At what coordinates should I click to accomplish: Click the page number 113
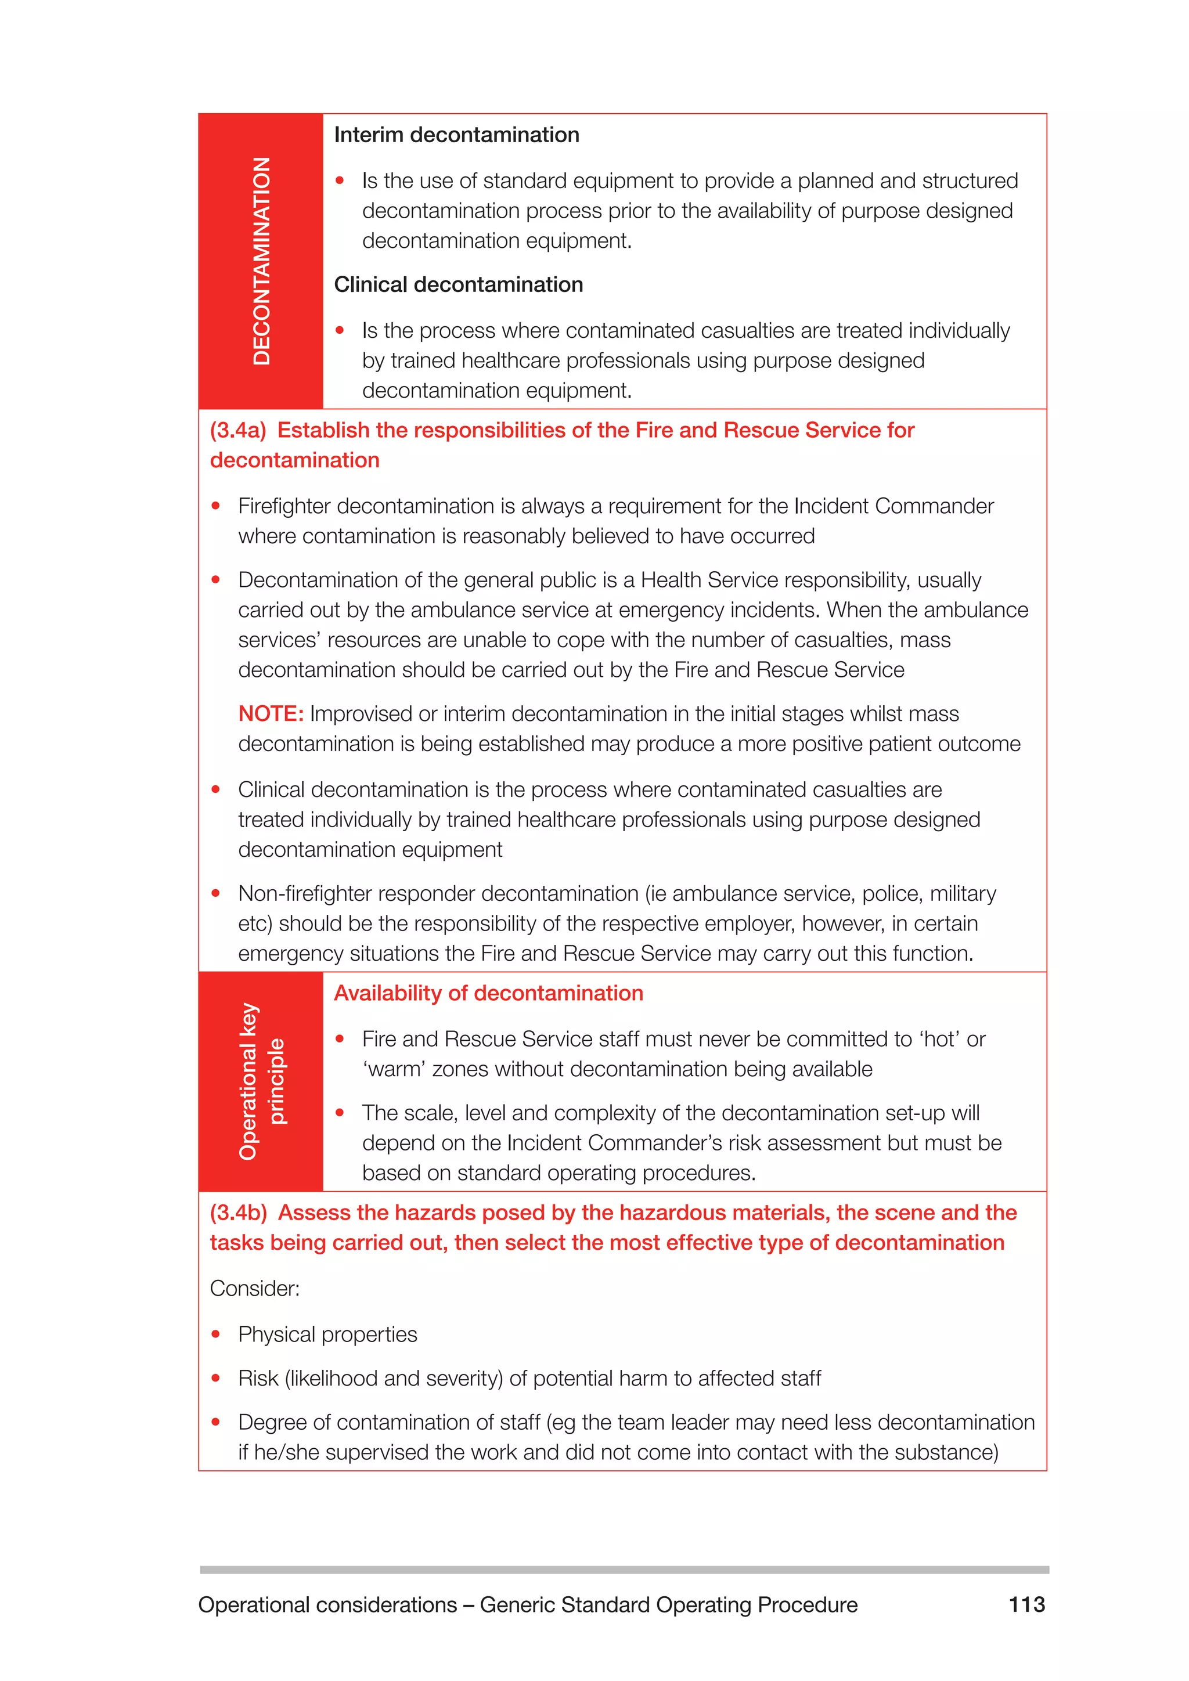tap(1026, 1604)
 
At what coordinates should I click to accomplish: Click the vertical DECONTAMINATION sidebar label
tap(261, 261)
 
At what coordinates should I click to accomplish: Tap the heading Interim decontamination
tap(456, 135)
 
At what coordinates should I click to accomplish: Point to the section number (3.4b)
tap(238, 1213)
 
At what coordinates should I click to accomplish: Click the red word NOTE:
tap(270, 713)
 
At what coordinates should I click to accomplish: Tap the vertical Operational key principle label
tap(261, 1081)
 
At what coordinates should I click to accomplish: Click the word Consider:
tap(255, 1288)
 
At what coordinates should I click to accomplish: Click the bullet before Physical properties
tap(215, 1334)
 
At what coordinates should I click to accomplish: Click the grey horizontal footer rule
tap(624, 1570)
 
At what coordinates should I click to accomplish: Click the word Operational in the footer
tap(251, 1605)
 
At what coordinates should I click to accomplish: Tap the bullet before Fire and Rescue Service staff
tap(339, 1039)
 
